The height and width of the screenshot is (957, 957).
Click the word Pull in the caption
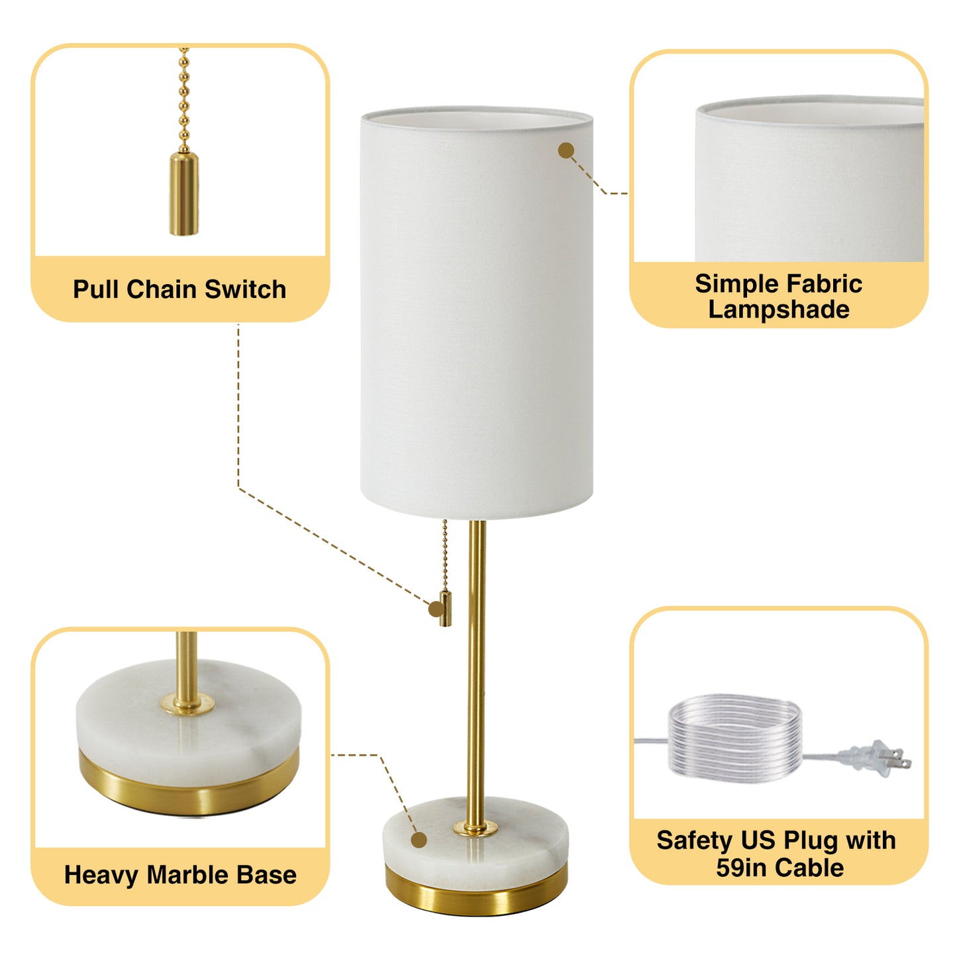click(96, 289)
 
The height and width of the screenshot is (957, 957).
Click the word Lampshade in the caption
click(779, 310)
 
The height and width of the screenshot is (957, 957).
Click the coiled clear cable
click(735, 736)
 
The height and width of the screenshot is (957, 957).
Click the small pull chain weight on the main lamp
click(445, 608)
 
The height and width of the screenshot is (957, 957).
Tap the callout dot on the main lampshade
click(566, 151)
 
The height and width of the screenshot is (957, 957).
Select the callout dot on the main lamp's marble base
click(419, 840)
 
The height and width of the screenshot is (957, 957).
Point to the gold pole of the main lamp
click(476, 662)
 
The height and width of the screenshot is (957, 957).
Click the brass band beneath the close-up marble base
click(189, 788)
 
